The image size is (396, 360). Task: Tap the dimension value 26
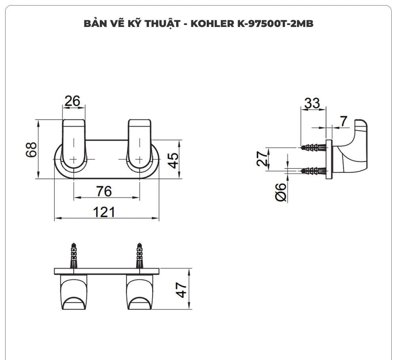coord(72,101)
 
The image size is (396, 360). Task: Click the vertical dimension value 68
coord(32,149)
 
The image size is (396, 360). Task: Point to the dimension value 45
coord(173,160)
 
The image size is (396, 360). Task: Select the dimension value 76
coord(104,191)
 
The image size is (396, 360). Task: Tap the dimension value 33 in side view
coord(312,103)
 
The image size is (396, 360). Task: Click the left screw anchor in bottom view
coord(74,256)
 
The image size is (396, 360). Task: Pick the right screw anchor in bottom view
coord(139,256)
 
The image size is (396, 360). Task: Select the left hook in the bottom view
coord(73,292)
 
